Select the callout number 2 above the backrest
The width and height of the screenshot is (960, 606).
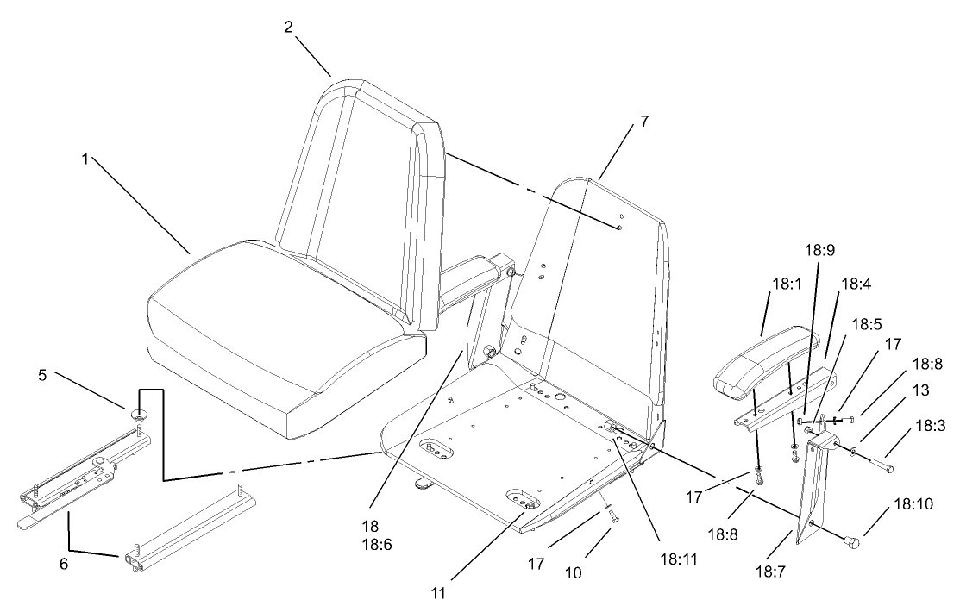tap(291, 26)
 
